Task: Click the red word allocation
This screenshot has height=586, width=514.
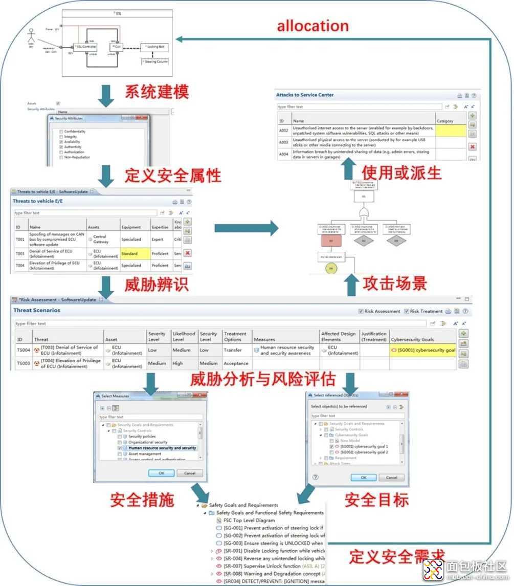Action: [312, 26]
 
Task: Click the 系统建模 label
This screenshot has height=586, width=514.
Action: [157, 92]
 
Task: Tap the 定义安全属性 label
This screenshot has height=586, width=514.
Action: [173, 176]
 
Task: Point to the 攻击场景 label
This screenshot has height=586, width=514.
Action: [395, 283]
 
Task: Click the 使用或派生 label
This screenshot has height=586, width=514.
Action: [401, 172]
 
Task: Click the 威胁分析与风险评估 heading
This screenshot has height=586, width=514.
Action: [263, 379]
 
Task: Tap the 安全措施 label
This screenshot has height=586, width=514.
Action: [142, 500]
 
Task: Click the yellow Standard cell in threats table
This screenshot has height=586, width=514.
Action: [135, 253]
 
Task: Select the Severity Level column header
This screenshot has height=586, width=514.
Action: [157, 336]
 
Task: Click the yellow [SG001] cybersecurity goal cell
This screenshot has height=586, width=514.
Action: [422, 351]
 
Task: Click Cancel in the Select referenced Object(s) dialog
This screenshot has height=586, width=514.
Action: [391, 478]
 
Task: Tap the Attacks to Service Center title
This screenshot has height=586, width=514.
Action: [305, 95]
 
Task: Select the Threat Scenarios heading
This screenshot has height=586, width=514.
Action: [37, 310]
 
